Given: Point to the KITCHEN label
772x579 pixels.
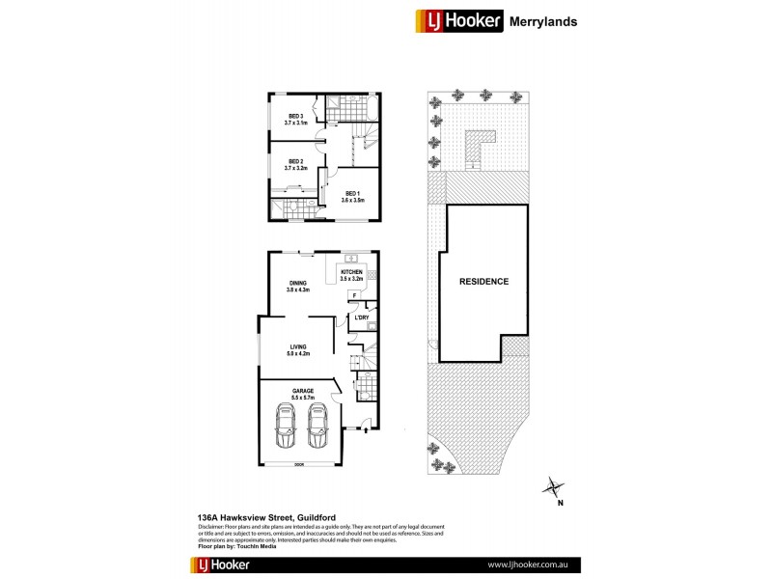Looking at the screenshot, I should [351, 274].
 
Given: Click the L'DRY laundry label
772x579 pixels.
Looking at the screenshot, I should [363, 317].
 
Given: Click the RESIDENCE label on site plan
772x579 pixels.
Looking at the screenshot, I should [483, 282].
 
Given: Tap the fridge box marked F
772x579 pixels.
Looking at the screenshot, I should [354, 294].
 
